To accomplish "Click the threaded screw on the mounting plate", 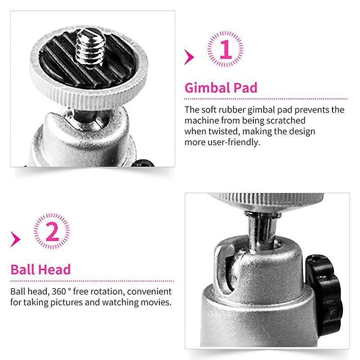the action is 90,47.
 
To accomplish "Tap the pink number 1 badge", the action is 225,49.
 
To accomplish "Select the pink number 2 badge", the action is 52,231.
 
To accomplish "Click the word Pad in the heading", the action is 245,88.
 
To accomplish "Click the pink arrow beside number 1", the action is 189,57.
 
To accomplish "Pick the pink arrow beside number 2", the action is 15,239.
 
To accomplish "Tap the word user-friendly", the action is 234,142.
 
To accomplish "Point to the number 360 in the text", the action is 59,292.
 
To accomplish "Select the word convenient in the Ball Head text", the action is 149,292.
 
